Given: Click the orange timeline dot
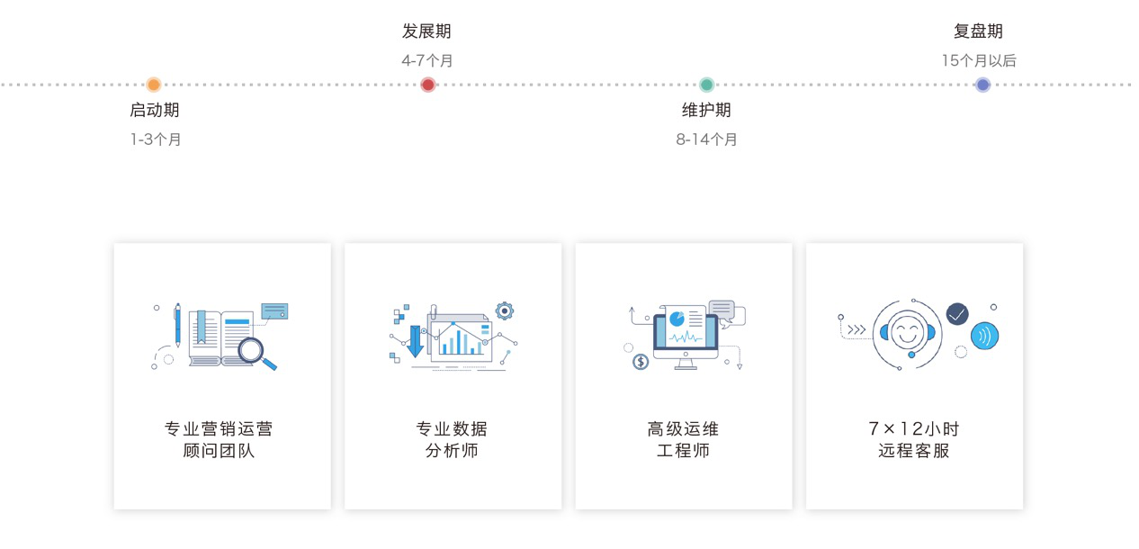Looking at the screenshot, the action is pyautogui.click(x=154, y=85).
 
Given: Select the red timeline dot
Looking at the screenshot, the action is pyautogui.click(x=428, y=85).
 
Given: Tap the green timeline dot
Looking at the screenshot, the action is pyautogui.click(x=707, y=85).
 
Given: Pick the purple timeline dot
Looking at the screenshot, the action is pyautogui.click(x=982, y=85).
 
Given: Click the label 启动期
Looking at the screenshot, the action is pyautogui.click(x=155, y=110).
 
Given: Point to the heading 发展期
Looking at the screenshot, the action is pyautogui.click(x=426, y=31).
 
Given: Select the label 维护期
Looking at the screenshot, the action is pyautogui.click(x=706, y=110).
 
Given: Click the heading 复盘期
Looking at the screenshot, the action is pyautogui.click(x=978, y=31).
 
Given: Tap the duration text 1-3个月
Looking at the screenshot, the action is pyautogui.click(x=156, y=139).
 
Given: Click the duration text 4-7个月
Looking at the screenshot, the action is pyautogui.click(x=427, y=61).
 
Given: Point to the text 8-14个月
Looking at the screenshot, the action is pyautogui.click(x=706, y=139).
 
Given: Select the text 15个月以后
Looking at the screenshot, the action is pyautogui.click(x=979, y=61).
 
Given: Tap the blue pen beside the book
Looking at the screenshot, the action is pyautogui.click(x=177, y=325).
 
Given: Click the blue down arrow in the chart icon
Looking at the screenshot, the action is pyautogui.click(x=416, y=341).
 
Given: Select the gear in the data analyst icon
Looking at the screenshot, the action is pyautogui.click(x=505, y=310).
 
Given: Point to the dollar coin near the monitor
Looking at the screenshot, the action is pyautogui.click(x=641, y=362).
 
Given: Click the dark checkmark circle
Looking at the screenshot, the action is pyautogui.click(x=957, y=314).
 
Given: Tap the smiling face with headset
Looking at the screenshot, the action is pyautogui.click(x=908, y=334).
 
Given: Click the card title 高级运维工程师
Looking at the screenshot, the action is pyautogui.click(x=683, y=439).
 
